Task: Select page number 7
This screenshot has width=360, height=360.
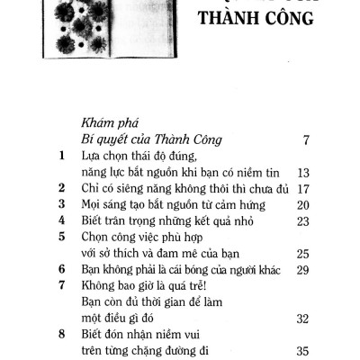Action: (x=308, y=141)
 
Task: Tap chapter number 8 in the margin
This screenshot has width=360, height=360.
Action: (x=61, y=335)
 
